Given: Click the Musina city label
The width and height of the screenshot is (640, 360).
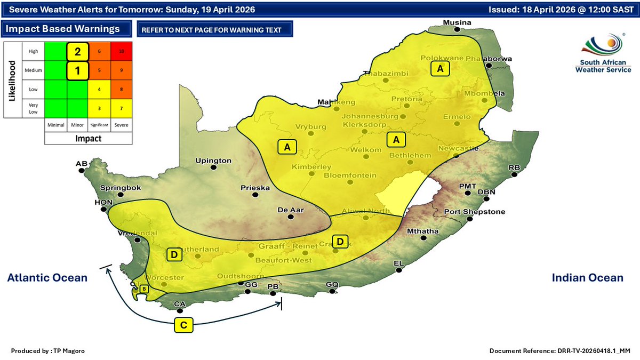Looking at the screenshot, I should click(458, 22).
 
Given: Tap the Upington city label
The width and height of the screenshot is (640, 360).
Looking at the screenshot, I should click(213, 160).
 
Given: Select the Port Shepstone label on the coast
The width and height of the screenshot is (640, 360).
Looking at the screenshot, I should click(475, 212).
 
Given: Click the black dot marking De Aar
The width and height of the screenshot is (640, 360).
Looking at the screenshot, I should click(291, 217).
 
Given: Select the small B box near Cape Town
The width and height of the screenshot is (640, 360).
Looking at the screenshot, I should click(143, 289).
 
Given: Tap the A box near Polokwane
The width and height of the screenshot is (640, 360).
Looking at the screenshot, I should click(440, 69).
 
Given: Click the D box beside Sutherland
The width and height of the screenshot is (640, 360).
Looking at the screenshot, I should click(174, 255).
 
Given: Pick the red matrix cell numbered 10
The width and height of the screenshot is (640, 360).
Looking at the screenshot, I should click(122, 51).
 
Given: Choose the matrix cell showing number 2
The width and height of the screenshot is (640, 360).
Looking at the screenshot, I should click(77, 51).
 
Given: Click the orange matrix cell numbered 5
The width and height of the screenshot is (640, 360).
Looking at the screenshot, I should click(99, 69).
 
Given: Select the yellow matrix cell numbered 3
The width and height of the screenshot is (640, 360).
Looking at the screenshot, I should click(99, 108).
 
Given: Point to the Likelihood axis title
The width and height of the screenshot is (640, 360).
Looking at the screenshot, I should click(12, 80).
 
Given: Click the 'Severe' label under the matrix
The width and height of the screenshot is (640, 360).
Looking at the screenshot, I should click(122, 125).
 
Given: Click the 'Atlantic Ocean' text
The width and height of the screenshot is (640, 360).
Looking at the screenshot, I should click(47, 277).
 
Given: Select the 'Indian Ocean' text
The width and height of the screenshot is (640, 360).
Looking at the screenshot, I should click(587, 277).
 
